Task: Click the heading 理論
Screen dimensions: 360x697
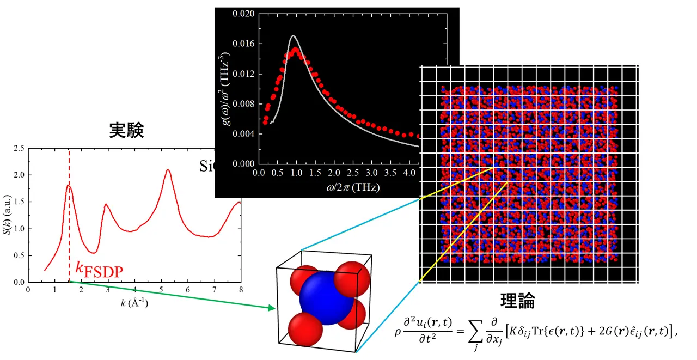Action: tap(517, 301)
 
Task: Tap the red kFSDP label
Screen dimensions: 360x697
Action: tap(99, 269)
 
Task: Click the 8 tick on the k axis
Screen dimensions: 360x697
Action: tap(240, 289)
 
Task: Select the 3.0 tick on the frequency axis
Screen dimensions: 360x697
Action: tap(371, 173)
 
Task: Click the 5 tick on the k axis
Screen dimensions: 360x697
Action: tap(161, 289)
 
